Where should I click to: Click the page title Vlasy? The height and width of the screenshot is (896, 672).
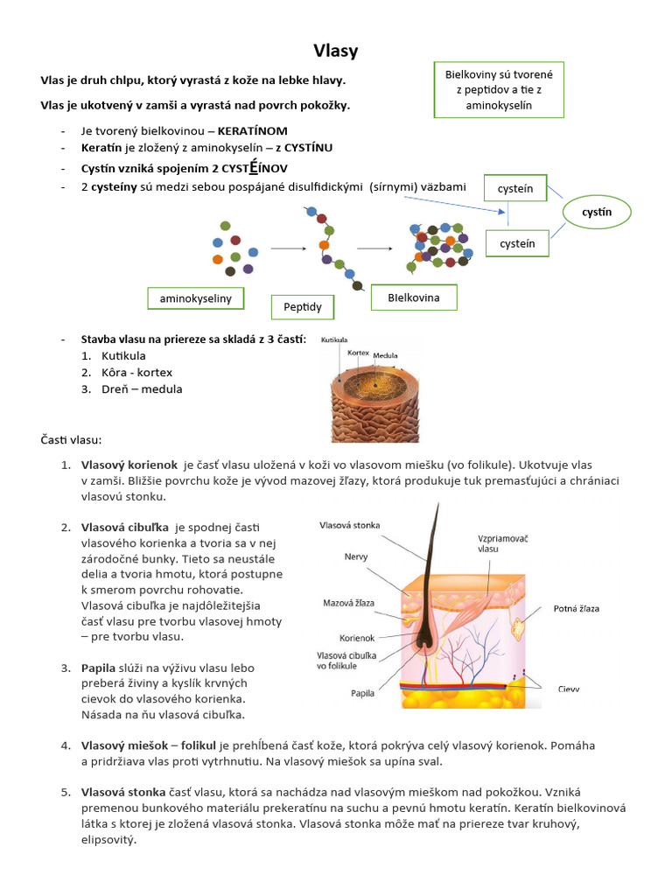pos(336,52)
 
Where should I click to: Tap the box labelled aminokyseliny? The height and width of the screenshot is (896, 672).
pos(195,299)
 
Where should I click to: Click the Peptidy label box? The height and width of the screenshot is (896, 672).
pos(303,307)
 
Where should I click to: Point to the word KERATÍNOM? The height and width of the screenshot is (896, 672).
pos(252,130)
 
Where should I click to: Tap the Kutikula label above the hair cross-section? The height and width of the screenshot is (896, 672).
pos(335,339)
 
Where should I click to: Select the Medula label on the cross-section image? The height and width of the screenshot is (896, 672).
pos(386,356)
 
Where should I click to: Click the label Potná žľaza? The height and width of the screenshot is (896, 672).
pos(576,608)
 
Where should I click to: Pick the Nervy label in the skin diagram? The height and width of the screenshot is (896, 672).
pos(355,556)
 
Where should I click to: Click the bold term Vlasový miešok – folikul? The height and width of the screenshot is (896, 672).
pos(149,745)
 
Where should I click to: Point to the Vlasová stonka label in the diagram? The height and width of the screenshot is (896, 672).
pos(350,526)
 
